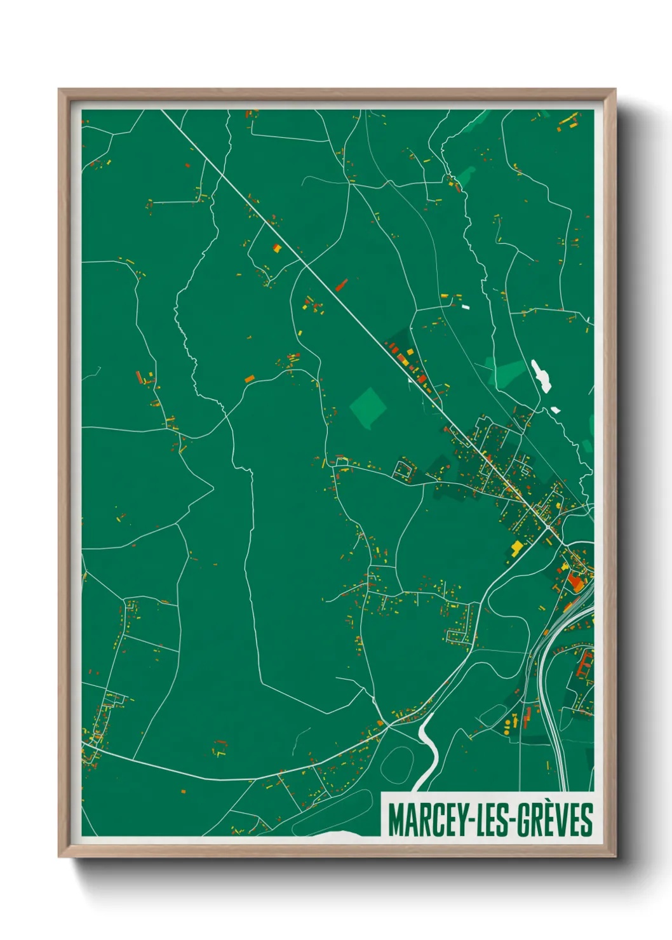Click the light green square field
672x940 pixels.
pos(368,406)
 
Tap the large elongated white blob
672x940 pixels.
pos(541,375)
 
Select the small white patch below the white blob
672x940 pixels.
pos(555,410)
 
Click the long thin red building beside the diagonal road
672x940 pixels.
pos(342,285)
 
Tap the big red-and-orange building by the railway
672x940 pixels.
pos(576,581)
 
